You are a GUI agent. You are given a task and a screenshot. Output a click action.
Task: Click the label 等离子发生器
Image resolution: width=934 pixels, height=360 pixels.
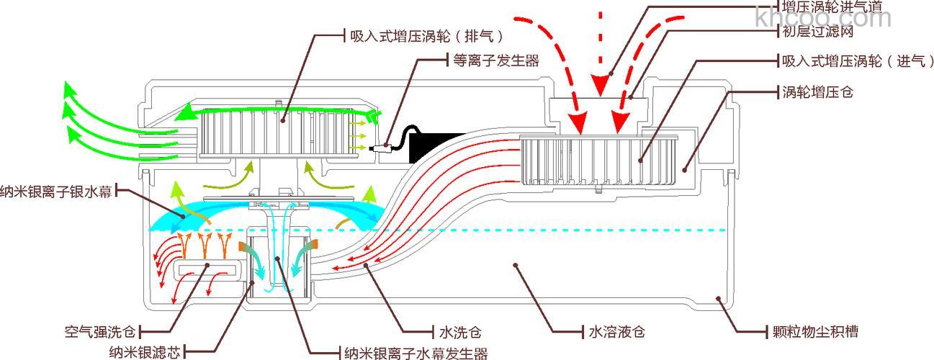(496, 60)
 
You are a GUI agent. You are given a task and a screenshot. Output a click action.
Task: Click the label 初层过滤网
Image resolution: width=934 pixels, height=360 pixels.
(817, 32)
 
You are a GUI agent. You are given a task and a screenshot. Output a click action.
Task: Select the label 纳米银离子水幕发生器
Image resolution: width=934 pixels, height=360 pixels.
(416, 353)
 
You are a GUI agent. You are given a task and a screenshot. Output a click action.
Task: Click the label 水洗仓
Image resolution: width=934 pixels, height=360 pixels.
(459, 332)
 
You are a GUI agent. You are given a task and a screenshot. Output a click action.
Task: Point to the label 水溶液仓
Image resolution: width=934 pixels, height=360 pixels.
(616, 332)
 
